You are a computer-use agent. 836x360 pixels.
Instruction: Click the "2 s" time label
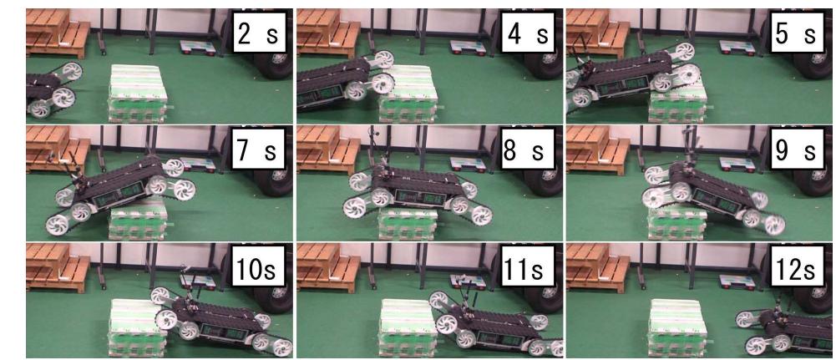(x=259, y=34)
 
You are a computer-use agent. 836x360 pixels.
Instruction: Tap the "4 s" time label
(x=529, y=34)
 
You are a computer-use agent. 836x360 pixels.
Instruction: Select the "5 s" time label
(x=796, y=34)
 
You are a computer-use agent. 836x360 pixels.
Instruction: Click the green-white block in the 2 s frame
(x=138, y=93)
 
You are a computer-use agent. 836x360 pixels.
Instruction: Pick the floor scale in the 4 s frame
(x=469, y=48)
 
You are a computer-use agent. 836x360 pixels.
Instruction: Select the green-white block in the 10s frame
(x=136, y=327)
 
